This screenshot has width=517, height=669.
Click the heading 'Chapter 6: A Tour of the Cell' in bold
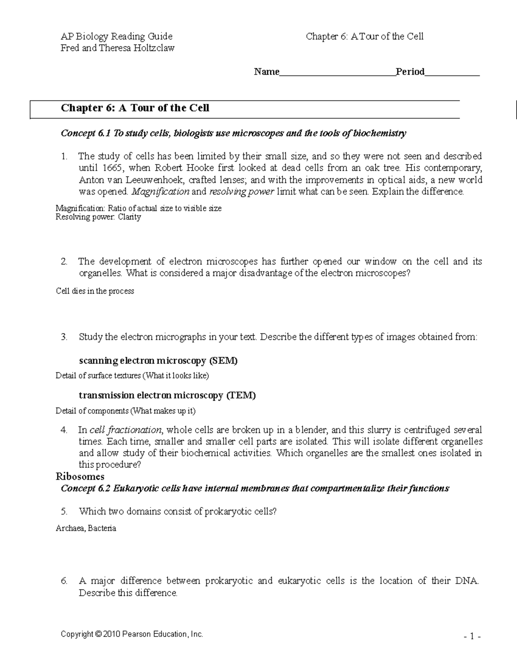point(135,108)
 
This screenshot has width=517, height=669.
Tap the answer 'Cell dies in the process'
point(95,291)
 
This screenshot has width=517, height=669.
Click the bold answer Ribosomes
point(80,476)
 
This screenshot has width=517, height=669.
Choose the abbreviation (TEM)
point(241,395)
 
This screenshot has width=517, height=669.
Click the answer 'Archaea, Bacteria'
point(86,528)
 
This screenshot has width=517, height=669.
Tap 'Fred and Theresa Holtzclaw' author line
point(118,48)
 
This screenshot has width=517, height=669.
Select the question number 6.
point(64,581)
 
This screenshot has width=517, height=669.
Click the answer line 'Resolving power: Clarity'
point(98,217)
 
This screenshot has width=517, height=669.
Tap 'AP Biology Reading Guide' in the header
point(116,37)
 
